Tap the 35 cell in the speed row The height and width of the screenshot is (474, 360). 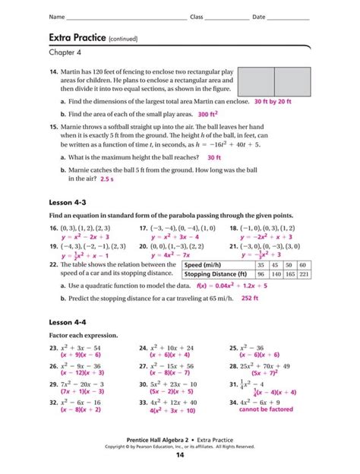[x=261, y=264]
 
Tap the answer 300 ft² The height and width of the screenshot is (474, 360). [x=213, y=114]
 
